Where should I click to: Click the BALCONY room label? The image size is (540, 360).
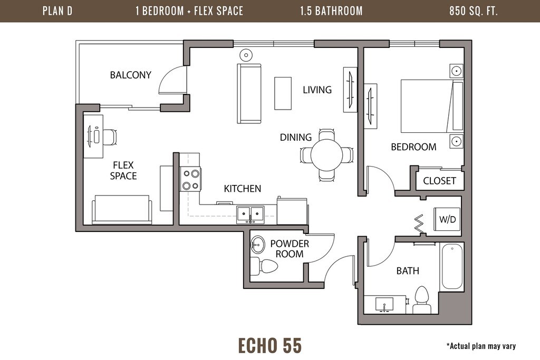pos(131,75)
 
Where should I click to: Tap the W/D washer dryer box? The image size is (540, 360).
pos(447,219)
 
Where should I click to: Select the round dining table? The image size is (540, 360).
pos(326,155)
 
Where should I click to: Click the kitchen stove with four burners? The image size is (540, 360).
pos(191,179)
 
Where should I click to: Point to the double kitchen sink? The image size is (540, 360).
pos(250,215)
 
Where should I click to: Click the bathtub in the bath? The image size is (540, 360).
pos(452,266)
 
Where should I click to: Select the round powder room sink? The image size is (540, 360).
pos(257,245)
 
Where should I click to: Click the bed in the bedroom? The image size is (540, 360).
pos(432,106)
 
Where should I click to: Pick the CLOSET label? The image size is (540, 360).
pos(439,181)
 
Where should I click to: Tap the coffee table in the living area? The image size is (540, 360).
pos(283,93)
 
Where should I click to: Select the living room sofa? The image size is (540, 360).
pos(249,93)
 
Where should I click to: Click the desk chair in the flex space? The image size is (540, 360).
pos(110,137)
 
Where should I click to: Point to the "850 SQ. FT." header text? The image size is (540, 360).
pos(474,11)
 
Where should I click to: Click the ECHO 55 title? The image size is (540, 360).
pos(270,346)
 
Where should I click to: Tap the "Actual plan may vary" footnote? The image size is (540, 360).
pos(481,346)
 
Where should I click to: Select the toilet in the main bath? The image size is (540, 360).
pos(422,300)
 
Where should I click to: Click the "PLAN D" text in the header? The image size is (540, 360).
pos(57,11)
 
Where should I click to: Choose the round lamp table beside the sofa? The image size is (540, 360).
pos(246,54)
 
